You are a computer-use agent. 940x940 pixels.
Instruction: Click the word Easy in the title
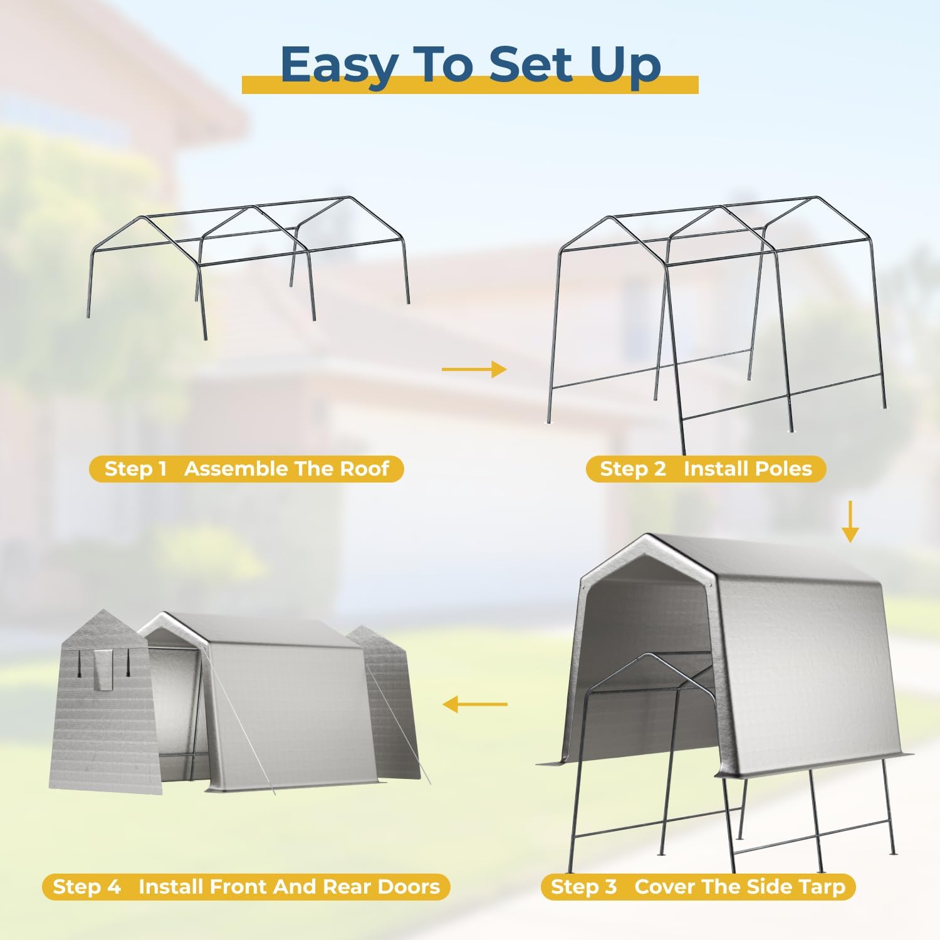click(339, 65)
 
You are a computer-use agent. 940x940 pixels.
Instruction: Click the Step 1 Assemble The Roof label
click(246, 469)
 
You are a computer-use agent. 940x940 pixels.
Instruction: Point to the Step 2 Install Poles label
click(706, 469)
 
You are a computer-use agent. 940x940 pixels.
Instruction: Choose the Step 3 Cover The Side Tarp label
click(698, 887)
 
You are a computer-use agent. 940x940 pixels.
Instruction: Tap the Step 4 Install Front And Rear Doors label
click(246, 887)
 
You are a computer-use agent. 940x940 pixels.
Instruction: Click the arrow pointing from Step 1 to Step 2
click(474, 370)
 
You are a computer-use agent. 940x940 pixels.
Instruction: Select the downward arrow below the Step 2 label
click(850, 521)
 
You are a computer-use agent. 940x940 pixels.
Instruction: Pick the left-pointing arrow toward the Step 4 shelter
click(475, 704)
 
